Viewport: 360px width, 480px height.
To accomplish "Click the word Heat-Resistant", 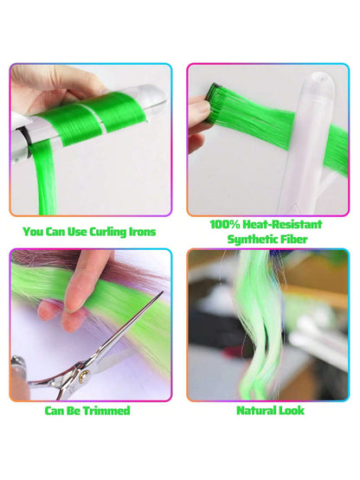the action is pos(282,224).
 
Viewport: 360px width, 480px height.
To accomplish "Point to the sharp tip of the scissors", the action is pos(162,292).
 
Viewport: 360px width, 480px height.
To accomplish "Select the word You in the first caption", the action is pos(34,232).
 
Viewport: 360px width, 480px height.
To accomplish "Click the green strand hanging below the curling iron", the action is pos(46,181).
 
